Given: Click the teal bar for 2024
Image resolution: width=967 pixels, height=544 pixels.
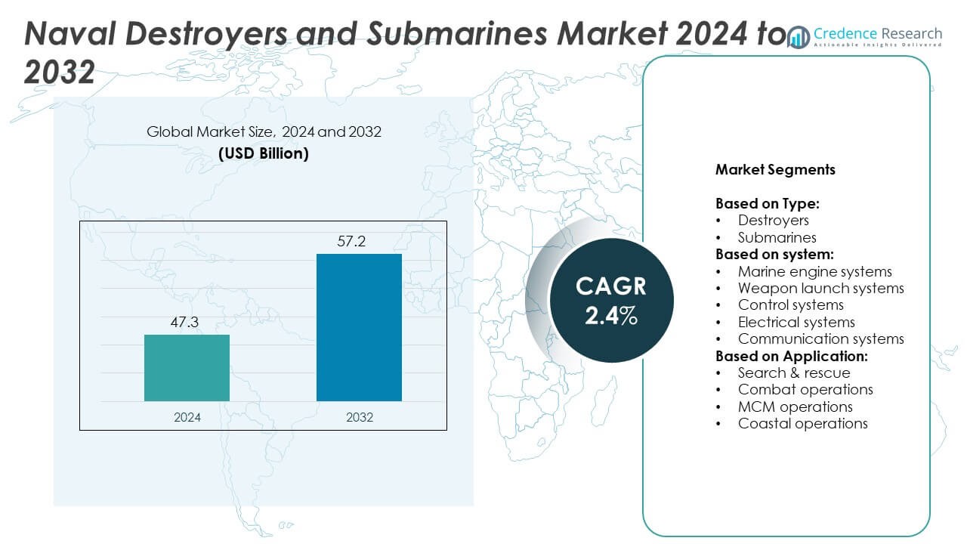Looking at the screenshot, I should click(187, 368).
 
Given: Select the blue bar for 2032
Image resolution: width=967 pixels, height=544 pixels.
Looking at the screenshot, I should click(359, 327).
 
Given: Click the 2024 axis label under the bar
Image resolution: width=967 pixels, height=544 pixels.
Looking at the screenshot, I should click(187, 417).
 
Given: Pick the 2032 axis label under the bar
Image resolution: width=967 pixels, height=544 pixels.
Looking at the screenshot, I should click(359, 417).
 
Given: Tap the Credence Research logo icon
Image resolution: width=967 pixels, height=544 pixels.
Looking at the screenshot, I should click(798, 37).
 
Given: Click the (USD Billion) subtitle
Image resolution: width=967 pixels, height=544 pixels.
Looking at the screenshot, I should click(264, 153).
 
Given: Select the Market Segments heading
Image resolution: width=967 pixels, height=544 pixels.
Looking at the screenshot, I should click(775, 170).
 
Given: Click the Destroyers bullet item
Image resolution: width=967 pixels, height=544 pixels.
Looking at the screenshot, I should click(773, 221).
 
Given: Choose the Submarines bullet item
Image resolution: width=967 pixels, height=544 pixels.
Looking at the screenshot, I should click(777, 237).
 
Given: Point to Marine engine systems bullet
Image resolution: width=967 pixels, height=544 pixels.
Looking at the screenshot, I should click(814, 271).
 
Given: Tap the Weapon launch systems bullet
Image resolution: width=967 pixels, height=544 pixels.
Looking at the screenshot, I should click(820, 288).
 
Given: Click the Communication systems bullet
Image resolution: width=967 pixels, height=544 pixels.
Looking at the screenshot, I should click(820, 339).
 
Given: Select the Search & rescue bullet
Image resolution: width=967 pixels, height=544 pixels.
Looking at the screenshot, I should click(793, 372).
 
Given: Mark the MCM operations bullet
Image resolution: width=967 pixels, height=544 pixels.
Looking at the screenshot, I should click(795, 406).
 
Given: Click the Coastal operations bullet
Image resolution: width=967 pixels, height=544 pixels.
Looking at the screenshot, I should click(802, 423).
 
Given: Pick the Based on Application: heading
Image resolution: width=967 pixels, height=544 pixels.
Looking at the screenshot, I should click(791, 356).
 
